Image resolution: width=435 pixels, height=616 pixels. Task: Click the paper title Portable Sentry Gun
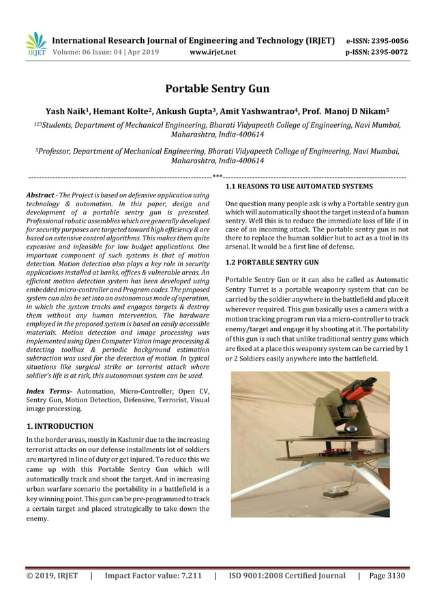click(x=217, y=89)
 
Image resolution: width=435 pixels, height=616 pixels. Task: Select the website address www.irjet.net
click(x=213, y=52)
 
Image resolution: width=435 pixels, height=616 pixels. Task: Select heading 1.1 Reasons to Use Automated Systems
click(x=299, y=186)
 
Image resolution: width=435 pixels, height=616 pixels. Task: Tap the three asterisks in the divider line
click(x=217, y=176)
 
